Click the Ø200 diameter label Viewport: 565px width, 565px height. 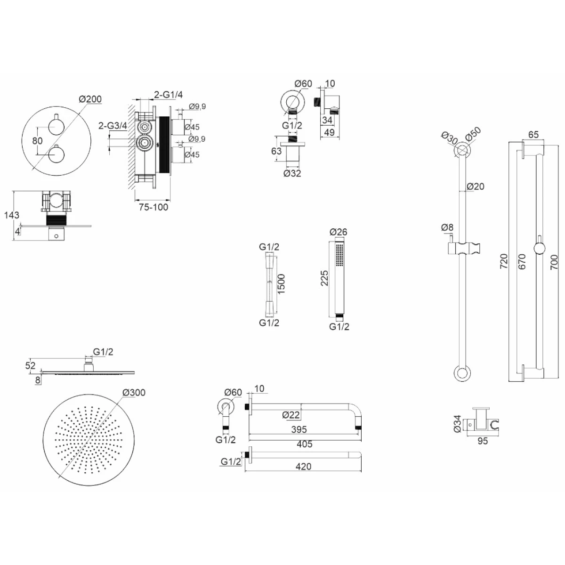[x=90, y=99]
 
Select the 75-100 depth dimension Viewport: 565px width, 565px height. [x=153, y=207]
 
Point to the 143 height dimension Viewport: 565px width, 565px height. [x=11, y=215]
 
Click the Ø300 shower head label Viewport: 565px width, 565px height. [x=134, y=393]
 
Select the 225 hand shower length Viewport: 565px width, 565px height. [x=324, y=278]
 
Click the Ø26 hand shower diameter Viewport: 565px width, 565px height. [x=339, y=232]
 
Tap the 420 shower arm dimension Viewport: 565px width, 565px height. [x=304, y=466]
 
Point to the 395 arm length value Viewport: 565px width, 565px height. [x=299, y=429]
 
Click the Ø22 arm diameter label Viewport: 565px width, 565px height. [x=292, y=414]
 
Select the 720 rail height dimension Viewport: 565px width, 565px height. [x=504, y=261]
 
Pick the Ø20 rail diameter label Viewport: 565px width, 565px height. [x=476, y=186]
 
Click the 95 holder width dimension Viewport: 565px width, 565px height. [x=482, y=441]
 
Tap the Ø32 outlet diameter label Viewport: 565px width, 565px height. [x=292, y=173]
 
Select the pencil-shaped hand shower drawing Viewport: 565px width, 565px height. [x=338, y=278]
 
